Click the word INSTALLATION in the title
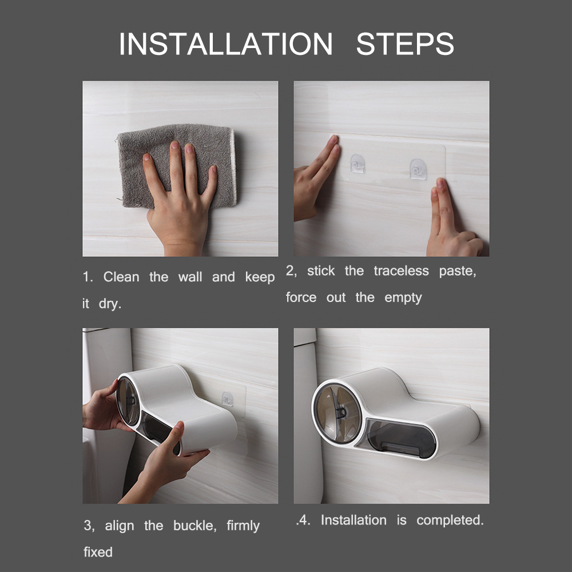[x=225, y=44]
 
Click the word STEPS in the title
[x=404, y=44]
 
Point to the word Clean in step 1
[x=121, y=277]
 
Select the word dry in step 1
[x=110, y=304]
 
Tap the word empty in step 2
[x=403, y=297]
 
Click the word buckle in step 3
[x=190, y=526]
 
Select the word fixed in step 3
[x=98, y=553]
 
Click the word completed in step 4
[x=450, y=521]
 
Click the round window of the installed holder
[x=339, y=413]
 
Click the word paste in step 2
[x=457, y=271]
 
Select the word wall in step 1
[x=190, y=277]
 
